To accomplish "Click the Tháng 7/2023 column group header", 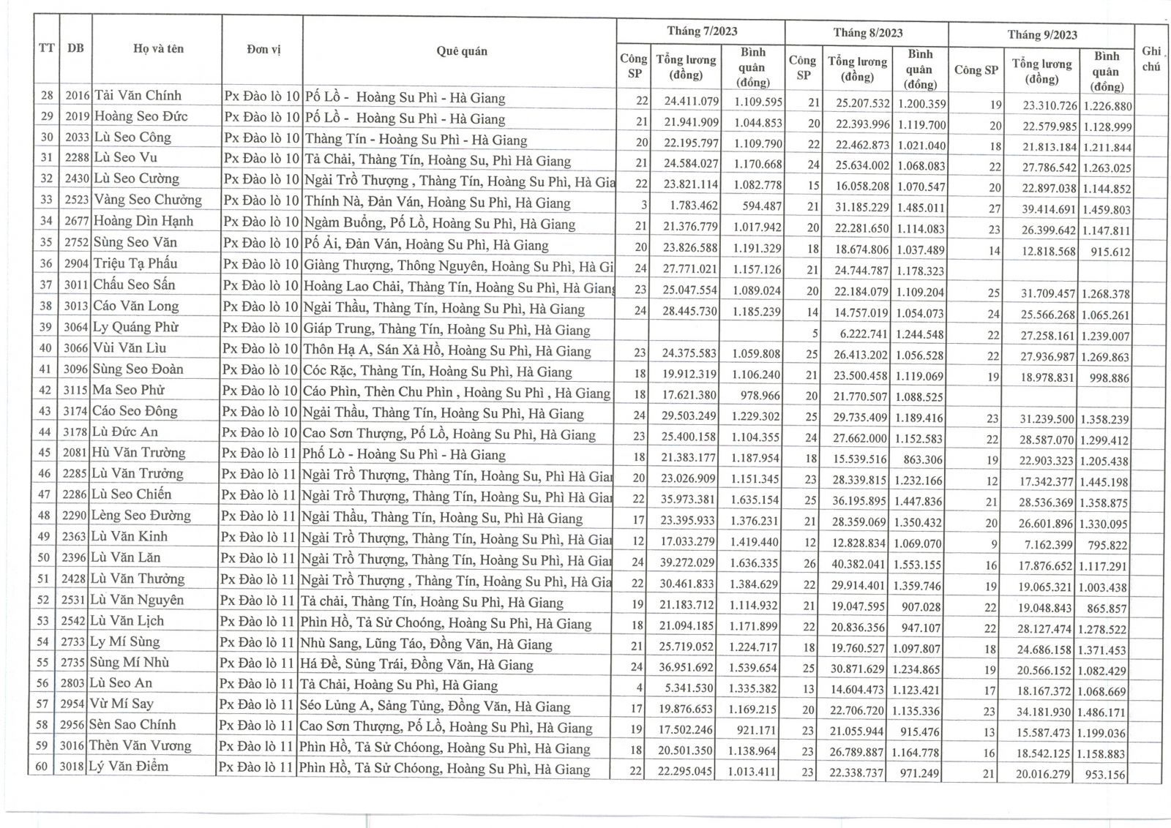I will click(x=701, y=31).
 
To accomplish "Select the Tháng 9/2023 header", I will click(x=1041, y=34).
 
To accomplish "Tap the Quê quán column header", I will click(x=461, y=51).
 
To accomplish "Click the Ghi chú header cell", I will click(x=1151, y=59).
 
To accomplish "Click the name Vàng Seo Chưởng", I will click(x=147, y=200).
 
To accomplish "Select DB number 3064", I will click(x=75, y=327).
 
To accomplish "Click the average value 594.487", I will click(x=757, y=206).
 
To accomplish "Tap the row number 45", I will click(x=45, y=453).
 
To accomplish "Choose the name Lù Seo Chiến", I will click(x=132, y=494).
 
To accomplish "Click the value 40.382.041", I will click(x=857, y=565).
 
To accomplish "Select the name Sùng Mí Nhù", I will click(x=130, y=663).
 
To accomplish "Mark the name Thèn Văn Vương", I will click(x=140, y=746).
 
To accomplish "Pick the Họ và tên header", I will click(x=158, y=49).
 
